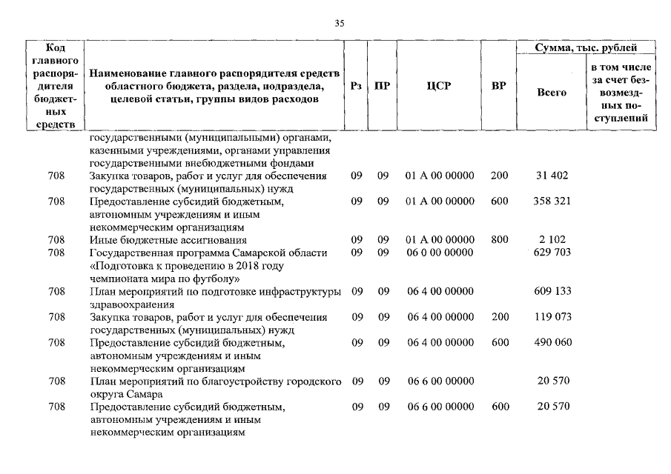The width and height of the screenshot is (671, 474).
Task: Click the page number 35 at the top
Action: [x=340, y=24]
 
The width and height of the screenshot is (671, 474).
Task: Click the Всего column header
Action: [x=551, y=93]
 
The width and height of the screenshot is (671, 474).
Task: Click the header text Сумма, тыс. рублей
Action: [x=586, y=48]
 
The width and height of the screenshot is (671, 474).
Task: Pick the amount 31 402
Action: [x=551, y=176]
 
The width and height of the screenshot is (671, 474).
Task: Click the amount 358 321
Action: [x=551, y=201]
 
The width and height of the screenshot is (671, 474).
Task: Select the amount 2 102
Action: [x=551, y=239]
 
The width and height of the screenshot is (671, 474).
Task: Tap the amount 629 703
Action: [x=552, y=253]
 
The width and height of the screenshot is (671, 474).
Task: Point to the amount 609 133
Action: [x=552, y=291]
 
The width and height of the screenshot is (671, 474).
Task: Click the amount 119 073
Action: [x=552, y=317]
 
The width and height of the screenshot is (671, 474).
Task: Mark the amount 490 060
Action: [x=552, y=342]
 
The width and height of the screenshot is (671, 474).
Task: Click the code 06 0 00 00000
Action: [x=440, y=253]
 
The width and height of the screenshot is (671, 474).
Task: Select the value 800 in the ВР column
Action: [x=500, y=239]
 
